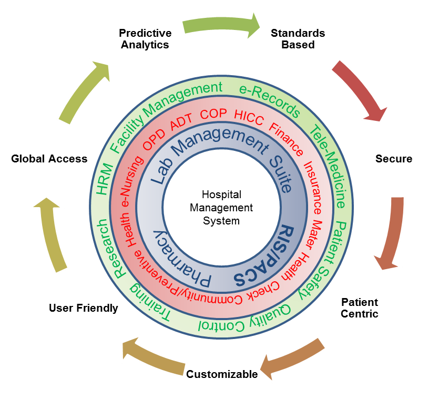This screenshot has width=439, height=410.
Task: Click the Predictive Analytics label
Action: pyautogui.click(x=145, y=39)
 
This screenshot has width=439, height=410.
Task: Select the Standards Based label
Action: pyautogui.click(x=298, y=39)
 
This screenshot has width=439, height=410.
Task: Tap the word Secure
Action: pyautogui.click(x=394, y=159)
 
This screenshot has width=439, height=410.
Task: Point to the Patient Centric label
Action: pyautogui.click(x=360, y=308)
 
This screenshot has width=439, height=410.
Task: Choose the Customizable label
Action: pyautogui.click(x=222, y=374)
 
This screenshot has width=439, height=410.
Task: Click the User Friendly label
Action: pyautogui.click(x=83, y=308)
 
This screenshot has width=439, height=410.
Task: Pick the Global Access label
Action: pyautogui.click(x=49, y=159)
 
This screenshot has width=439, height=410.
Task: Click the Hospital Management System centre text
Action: pyautogui.click(x=221, y=207)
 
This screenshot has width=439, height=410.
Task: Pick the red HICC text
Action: pyautogui.click(x=249, y=117)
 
